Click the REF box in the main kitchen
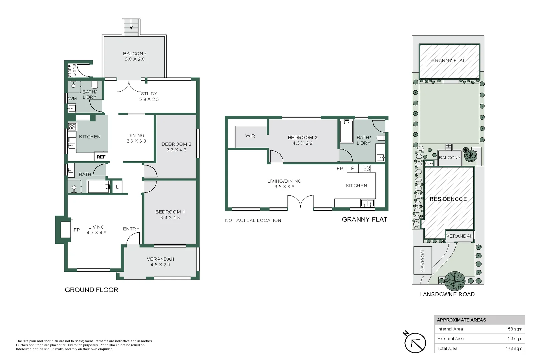(101, 157)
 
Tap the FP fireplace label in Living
(77, 230)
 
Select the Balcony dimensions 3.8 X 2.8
(135, 59)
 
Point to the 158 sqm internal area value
(514, 329)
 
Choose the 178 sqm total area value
(514, 348)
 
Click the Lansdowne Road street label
(447, 294)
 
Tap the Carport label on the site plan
(423, 260)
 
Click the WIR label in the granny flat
(250, 136)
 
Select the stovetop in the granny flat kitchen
(367, 168)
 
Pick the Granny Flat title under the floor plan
(364, 219)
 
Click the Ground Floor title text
(91, 290)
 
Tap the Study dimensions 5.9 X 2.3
(149, 99)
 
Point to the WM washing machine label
(73, 98)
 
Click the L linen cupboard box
(117, 187)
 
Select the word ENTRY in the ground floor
(131, 229)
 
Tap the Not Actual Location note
(253, 220)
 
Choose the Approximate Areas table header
(461, 320)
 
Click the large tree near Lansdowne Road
(455, 281)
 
